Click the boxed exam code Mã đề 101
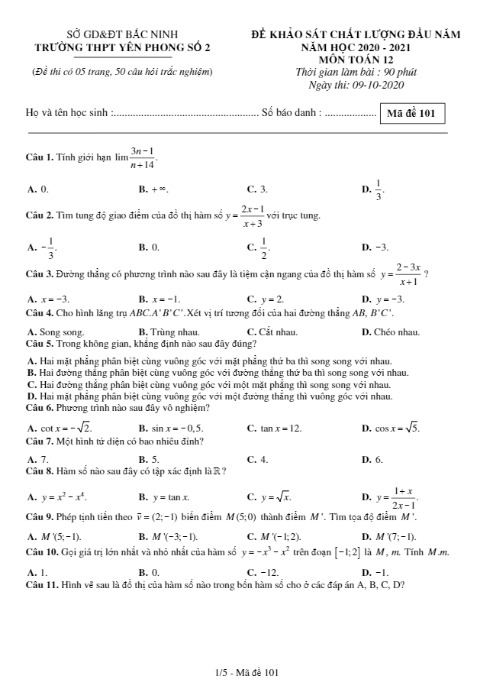pos(411,114)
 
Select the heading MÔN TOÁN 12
pos(356,60)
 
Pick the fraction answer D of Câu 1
pos(374,188)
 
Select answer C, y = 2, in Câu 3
pos(266,299)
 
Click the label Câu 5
pos(38,343)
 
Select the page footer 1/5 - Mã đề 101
pos(246,672)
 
